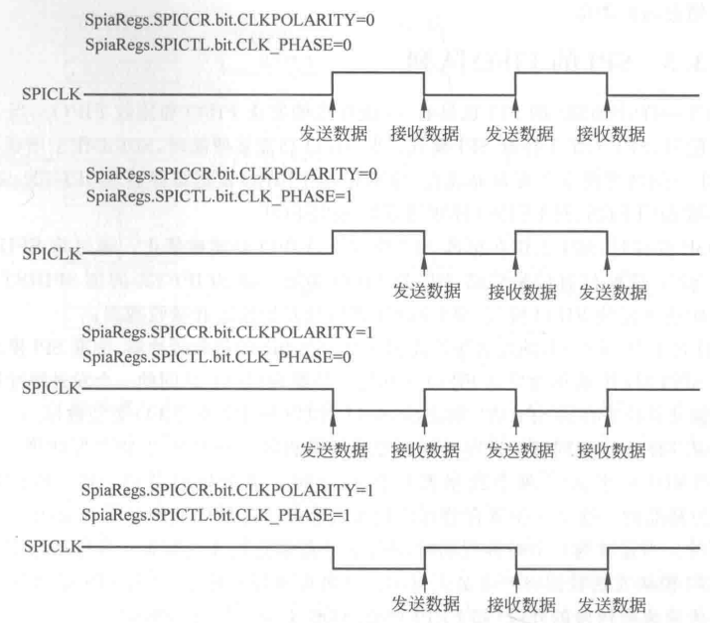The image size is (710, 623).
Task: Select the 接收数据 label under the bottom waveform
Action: pos(521,604)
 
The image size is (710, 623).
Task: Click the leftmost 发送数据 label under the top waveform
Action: pos(334,131)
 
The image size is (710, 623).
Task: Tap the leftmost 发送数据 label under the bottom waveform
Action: pos(425,604)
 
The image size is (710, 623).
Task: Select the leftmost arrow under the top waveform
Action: pos(333,108)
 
